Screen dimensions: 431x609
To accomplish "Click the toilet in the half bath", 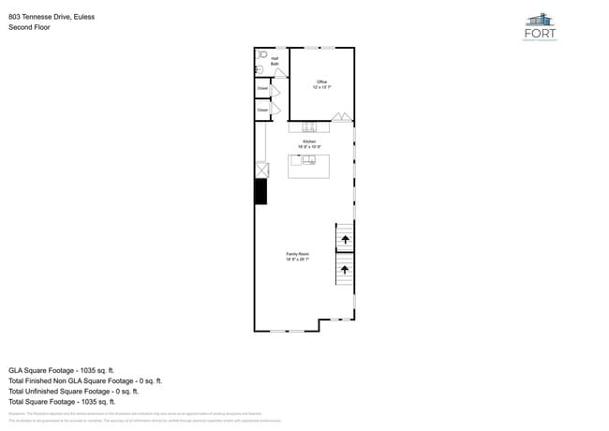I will [x=262, y=55].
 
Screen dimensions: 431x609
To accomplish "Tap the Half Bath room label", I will [x=275, y=61].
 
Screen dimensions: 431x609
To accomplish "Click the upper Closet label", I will [x=262, y=90].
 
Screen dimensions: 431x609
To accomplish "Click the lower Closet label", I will [x=262, y=111].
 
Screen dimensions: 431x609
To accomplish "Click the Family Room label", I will [x=297, y=256].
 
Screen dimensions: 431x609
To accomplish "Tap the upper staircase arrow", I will [x=345, y=240].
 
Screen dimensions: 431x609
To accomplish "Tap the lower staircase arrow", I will [x=345, y=270].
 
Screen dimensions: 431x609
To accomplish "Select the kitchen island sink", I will [x=308, y=160].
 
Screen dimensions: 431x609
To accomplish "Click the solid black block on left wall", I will [x=260, y=191].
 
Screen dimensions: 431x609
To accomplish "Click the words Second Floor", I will [x=29, y=28].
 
